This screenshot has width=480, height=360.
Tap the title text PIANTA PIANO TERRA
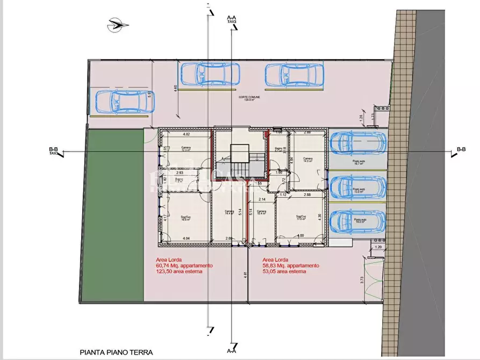click(116, 352)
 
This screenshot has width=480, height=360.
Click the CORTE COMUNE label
click(248, 98)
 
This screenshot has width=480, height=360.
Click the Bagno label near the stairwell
click(279, 148)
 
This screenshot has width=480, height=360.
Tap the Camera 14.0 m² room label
click(308, 159)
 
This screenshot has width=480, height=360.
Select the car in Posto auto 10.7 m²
click(357, 142)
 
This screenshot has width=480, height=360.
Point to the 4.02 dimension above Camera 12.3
click(187, 134)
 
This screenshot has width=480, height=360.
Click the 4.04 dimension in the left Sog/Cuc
click(187, 238)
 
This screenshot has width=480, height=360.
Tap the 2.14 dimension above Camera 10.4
click(262, 200)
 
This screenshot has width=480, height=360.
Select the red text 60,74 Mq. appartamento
click(184, 265)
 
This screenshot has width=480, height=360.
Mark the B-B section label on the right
click(461, 149)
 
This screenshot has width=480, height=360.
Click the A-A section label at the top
click(232, 18)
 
